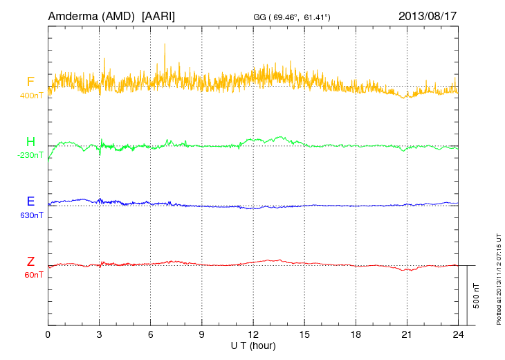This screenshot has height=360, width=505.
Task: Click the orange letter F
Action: click(x=30, y=82)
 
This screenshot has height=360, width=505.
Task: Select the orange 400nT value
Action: click(x=30, y=96)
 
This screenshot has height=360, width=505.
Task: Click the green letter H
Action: click(x=30, y=142)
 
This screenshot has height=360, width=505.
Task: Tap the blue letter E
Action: click(x=30, y=201)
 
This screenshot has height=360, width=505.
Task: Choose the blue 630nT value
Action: click(x=30, y=215)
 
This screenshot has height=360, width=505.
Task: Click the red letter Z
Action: click(x=30, y=261)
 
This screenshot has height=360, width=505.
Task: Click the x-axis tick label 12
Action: click(x=253, y=334)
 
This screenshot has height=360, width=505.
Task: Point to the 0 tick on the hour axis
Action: click(x=48, y=334)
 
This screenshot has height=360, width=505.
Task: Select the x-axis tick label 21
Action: click(x=407, y=334)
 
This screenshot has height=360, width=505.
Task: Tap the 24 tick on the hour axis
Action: click(x=458, y=334)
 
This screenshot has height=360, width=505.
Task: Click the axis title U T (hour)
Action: click(x=253, y=344)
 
